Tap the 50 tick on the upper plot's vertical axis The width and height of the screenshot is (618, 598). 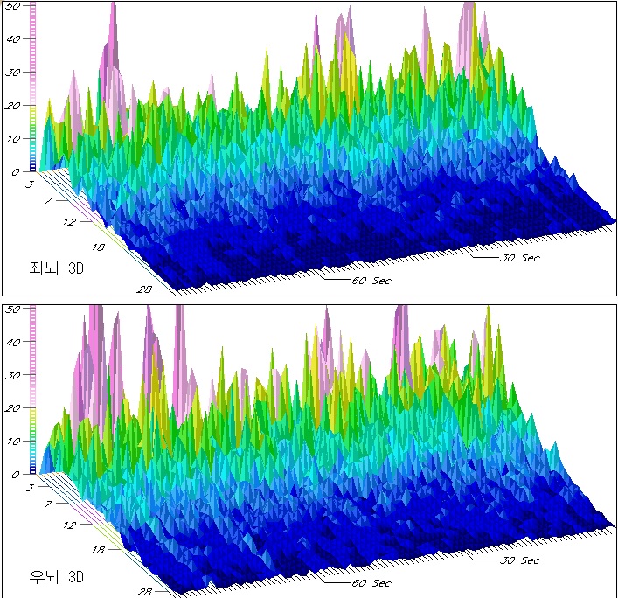(14, 6)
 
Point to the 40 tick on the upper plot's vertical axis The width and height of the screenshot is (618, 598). (14, 39)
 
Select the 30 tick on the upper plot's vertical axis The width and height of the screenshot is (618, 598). (14, 73)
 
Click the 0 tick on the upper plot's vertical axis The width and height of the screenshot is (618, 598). (17, 172)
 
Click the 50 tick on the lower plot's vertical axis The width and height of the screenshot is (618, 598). (14, 309)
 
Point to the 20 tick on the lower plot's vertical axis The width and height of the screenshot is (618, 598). (14, 408)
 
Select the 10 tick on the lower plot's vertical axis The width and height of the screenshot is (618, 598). (14, 442)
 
